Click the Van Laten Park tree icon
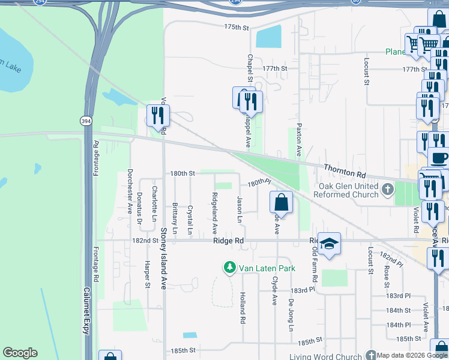pyautogui.click(x=229, y=268)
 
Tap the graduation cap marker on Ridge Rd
pyautogui.click(x=329, y=244)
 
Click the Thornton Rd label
pyautogui.click(x=345, y=170)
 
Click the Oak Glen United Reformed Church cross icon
pyautogui.click(x=388, y=190)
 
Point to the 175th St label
pyautogui.click(x=236, y=28)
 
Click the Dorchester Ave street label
pyautogui.click(x=129, y=191)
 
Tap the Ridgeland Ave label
pyautogui.click(x=214, y=214)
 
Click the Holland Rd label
pyautogui.click(x=243, y=308)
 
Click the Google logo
pyautogui.click(x=20, y=353)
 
